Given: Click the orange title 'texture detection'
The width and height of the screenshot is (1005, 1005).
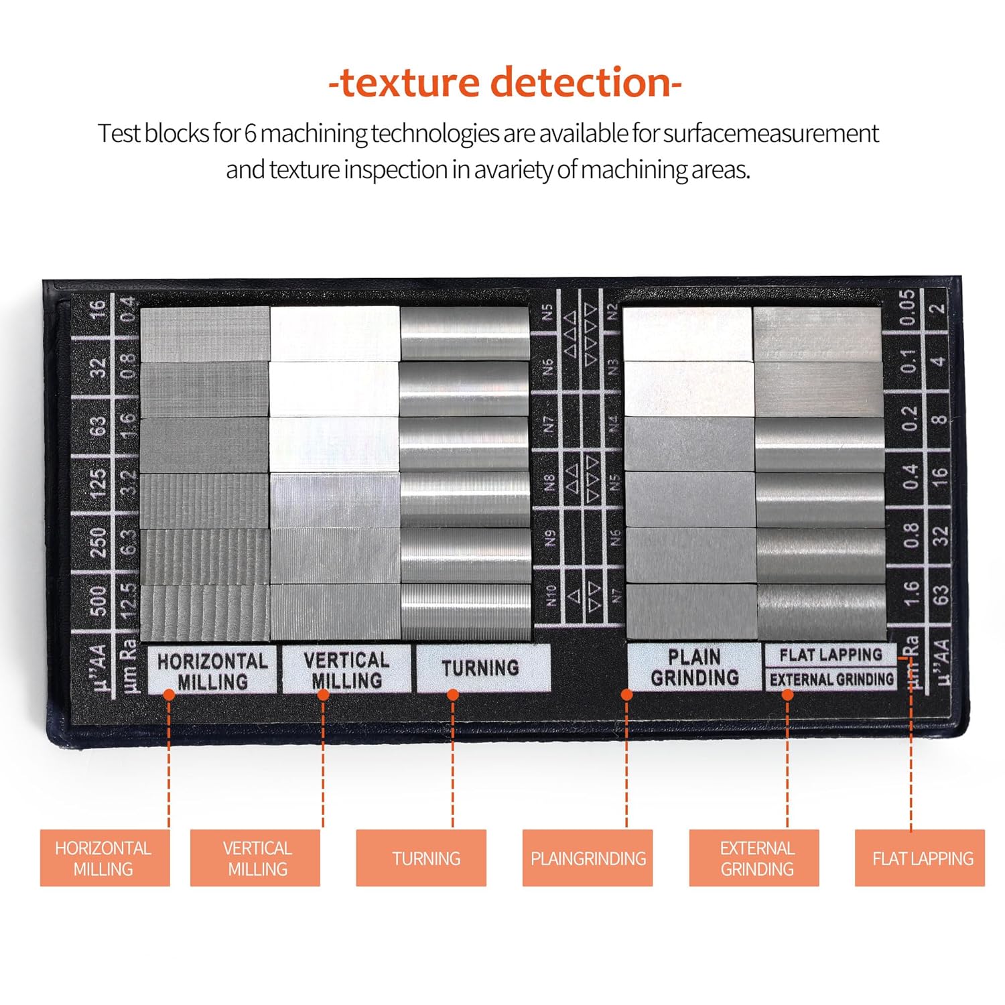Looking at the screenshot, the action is [x=505, y=82].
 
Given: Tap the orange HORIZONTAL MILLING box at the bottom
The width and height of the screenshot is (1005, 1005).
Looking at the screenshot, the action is [x=105, y=858].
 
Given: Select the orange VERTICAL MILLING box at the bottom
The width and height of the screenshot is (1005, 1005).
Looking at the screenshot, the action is [x=255, y=858].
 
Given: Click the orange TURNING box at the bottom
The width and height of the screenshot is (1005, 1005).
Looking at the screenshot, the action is [x=421, y=858].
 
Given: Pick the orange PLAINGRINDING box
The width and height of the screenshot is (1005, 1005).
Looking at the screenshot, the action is [x=588, y=858].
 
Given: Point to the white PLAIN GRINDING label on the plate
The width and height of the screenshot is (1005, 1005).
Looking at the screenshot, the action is [x=694, y=667].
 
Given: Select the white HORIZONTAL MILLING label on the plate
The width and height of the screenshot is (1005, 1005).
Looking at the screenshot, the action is [x=212, y=671].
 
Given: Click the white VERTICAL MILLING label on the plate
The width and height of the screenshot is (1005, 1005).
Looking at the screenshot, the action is [x=346, y=669].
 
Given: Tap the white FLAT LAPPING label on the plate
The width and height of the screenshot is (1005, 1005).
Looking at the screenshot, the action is [x=831, y=655].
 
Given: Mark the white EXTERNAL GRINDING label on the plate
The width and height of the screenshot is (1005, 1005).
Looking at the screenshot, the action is [x=831, y=679].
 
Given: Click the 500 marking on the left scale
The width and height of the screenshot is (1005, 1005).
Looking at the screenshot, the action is [x=98, y=601].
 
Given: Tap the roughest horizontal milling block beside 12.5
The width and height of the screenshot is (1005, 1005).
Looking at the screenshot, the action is [x=204, y=612].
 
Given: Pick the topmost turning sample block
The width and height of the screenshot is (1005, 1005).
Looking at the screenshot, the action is [x=464, y=334].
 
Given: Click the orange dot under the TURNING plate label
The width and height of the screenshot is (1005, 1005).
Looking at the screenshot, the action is [x=453, y=695].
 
